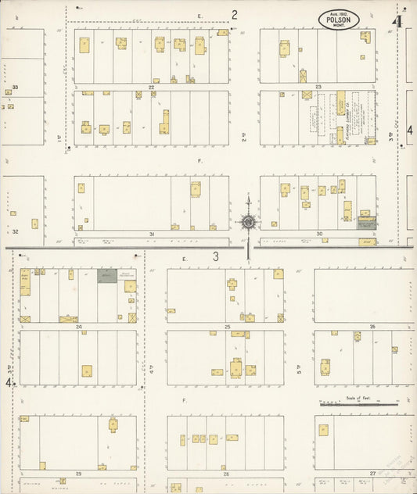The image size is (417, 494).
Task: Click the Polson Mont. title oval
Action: pyautogui.click(x=339, y=20)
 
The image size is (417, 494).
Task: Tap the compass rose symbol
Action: pyautogui.click(x=248, y=221)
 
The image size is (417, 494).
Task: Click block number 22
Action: pyautogui.click(x=152, y=87)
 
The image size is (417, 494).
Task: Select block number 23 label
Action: pyautogui.click(x=318, y=87)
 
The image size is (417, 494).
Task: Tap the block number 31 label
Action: pyautogui.click(x=152, y=234)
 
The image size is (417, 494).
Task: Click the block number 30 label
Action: pyautogui.click(x=318, y=234)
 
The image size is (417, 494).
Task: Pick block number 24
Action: pyautogui.click(x=78, y=327)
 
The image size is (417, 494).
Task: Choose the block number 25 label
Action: pyautogui.click(x=227, y=327)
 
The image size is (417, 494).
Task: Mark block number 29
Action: pyautogui.click(x=78, y=474)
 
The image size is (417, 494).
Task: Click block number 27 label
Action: pyautogui.click(x=372, y=474)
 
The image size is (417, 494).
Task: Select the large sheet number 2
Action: pyautogui.click(x=234, y=14)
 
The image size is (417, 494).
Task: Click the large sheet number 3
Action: pyautogui.click(x=216, y=256)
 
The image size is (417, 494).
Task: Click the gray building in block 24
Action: pyautogui.click(x=107, y=275)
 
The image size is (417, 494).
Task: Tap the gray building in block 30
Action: pyautogui.click(x=366, y=223)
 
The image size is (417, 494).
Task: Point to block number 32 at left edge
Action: pyautogui.click(x=15, y=231)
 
